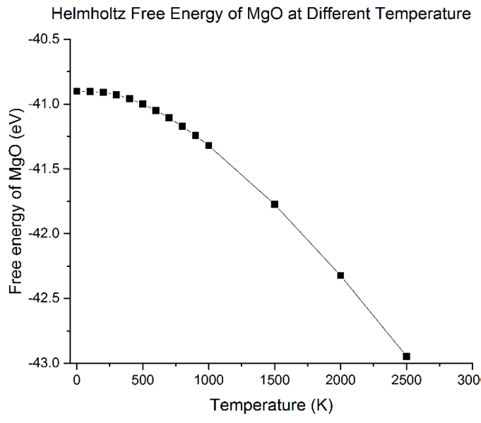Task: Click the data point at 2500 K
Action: click(x=406, y=357)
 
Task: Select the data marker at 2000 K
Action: click(x=340, y=275)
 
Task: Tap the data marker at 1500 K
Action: click(x=275, y=204)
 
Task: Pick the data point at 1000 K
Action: click(x=208, y=145)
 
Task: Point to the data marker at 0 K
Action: click(x=77, y=91)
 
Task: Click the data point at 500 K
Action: click(x=143, y=104)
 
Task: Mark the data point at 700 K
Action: click(x=169, y=118)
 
